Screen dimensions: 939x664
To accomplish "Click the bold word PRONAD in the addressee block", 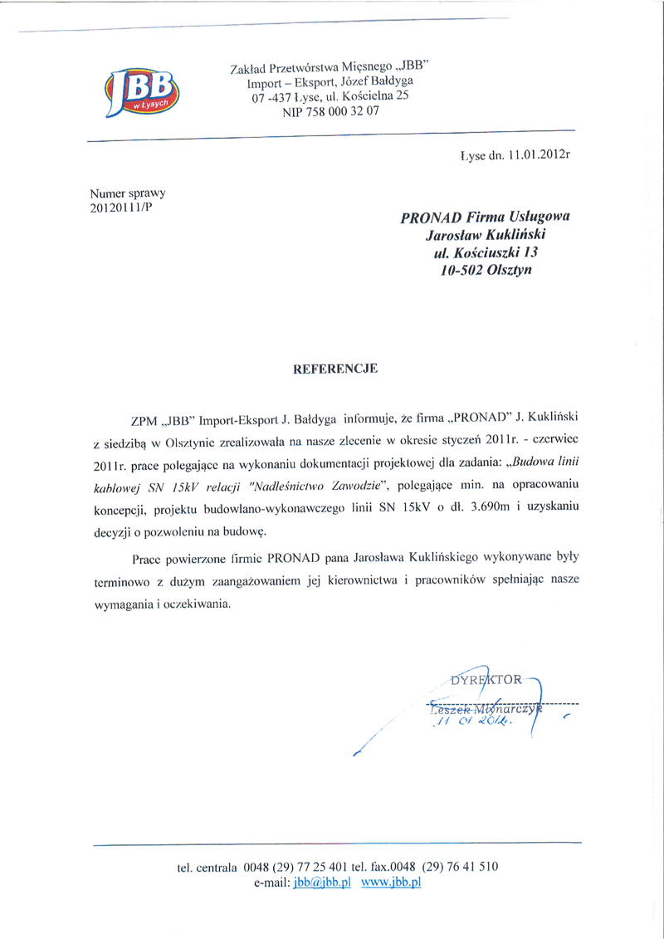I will click(430, 218).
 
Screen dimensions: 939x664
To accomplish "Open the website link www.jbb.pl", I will click(393, 883).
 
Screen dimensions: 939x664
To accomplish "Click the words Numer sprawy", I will click(128, 193).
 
